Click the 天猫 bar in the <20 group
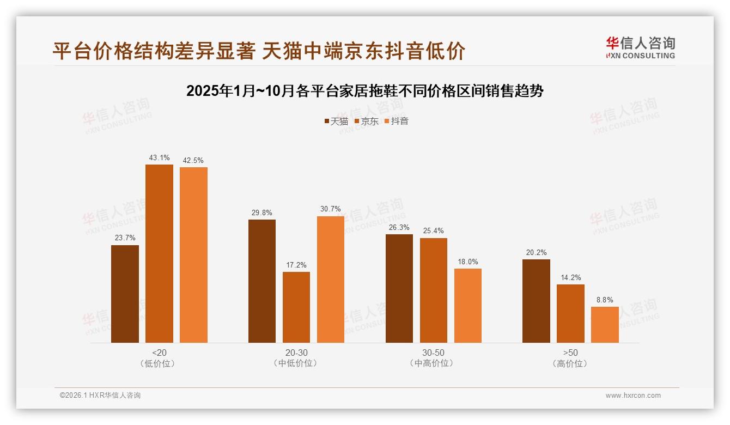click(125, 294)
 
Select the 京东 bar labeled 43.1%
click(159, 253)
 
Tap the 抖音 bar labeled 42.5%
click(193, 254)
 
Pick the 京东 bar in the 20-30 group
click(296, 307)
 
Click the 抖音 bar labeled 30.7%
click(331, 279)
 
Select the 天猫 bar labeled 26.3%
click(399, 288)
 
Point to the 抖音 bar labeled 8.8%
click(605, 325)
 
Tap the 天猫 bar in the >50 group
click(536, 301)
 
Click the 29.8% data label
click(262, 213)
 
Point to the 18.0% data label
click(468, 262)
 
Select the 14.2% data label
click(570, 278)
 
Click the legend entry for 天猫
click(336, 122)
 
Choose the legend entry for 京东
click(367, 122)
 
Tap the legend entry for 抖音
click(397, 122)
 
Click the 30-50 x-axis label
click(433, 353)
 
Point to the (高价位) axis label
click(570, 363)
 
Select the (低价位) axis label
click(159, 363)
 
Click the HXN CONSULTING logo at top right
click(640, 47)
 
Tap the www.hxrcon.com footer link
click(633, 396)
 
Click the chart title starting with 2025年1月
click(364, 91)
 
